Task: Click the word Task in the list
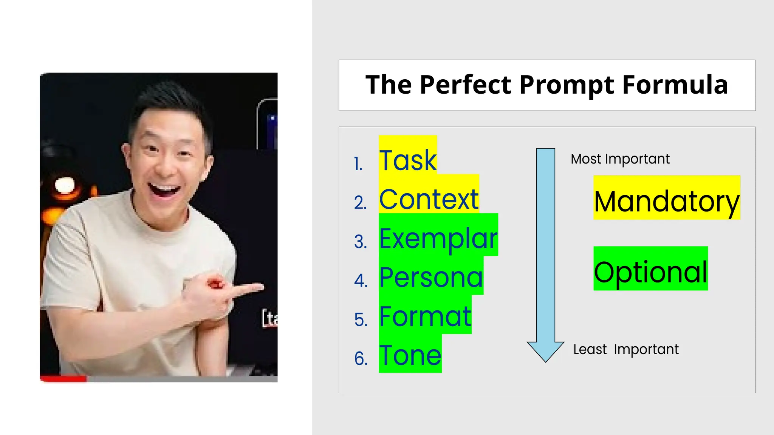tap(408, 160)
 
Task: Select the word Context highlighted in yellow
tap(429, 199)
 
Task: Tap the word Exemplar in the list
tap(438, 239)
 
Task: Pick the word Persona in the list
tap(431, 278)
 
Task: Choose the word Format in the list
tap(425, 316)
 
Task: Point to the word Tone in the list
tap(410, 356)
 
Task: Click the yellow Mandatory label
tap(667, 201)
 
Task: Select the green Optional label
tap(650, 272)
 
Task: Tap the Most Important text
tap(620, 159)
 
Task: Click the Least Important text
tap(626, 349)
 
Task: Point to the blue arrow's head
tap(545, 351)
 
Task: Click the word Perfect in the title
tap(466, 85)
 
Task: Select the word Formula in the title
tap(675, 85)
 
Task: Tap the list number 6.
tap(361, 358)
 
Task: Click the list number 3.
tap(361, 242)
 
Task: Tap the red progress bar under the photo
tap(63, 379)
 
